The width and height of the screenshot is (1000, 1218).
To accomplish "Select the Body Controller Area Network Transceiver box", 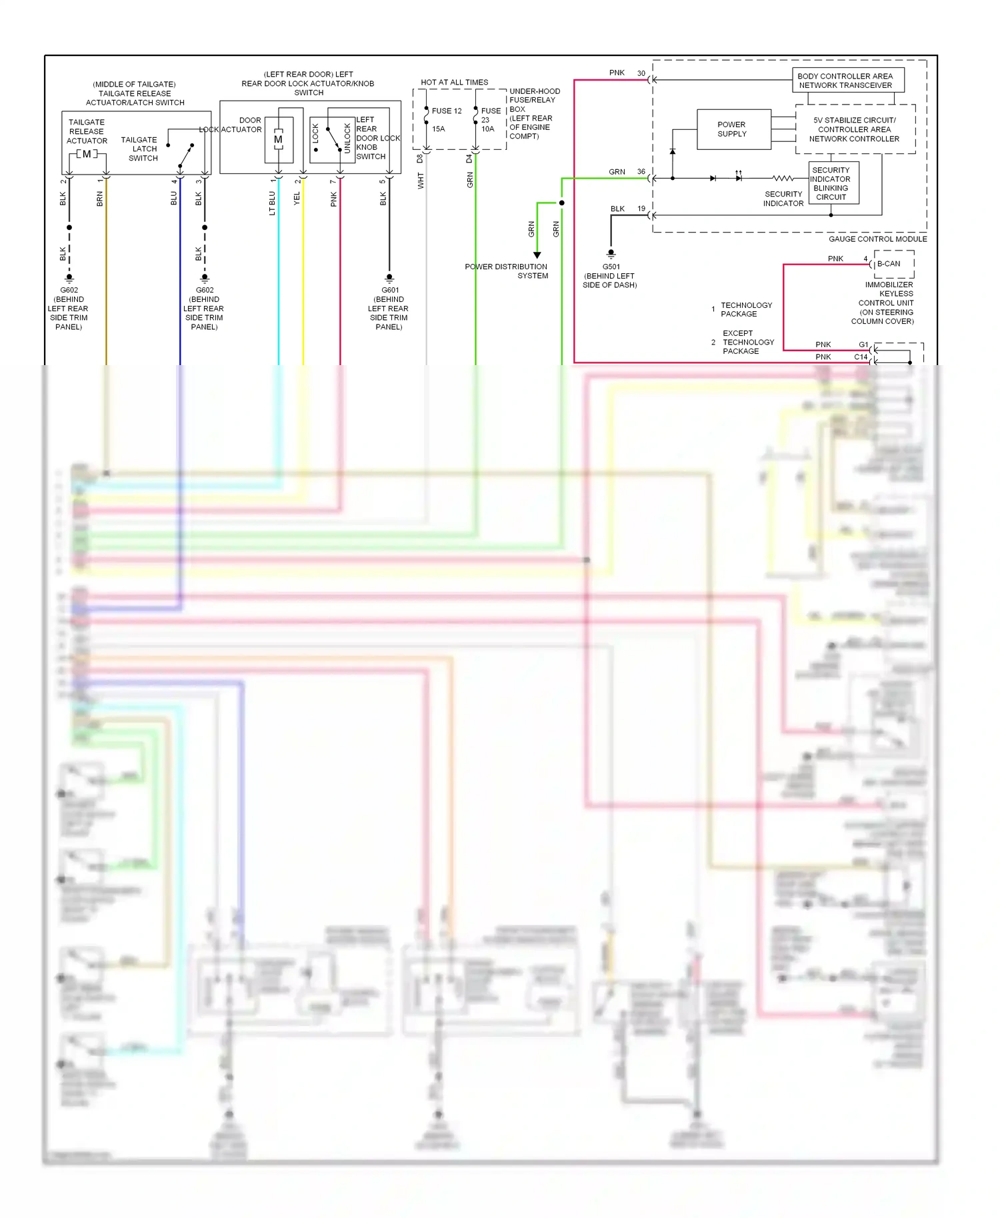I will click(847, 81).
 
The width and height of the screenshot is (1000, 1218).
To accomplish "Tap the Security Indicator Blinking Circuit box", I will click(833, 183).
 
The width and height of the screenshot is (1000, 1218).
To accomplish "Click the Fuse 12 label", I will click(446, 111).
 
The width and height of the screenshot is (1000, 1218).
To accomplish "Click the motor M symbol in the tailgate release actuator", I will click(87, 154).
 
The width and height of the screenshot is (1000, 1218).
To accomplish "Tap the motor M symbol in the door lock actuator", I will click(278, 139).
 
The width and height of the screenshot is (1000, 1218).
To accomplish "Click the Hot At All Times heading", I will click(454, 83).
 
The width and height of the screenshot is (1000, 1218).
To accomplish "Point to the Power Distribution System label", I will click(507, 271).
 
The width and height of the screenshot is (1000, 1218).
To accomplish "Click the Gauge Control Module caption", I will click(877, 239).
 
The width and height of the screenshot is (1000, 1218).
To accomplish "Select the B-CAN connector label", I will click(889, 264).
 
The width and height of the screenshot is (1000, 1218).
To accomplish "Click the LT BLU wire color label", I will click(272, 203).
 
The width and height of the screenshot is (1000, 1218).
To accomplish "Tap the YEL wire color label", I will click(297, 198).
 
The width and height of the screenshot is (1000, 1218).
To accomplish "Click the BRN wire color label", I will click(100, 199).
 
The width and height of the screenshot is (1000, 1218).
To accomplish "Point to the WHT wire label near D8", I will click(421, 181).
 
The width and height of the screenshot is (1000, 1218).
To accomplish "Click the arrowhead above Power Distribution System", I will click(537, 255).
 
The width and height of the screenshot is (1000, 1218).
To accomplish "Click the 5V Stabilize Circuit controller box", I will click(854, 129).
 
